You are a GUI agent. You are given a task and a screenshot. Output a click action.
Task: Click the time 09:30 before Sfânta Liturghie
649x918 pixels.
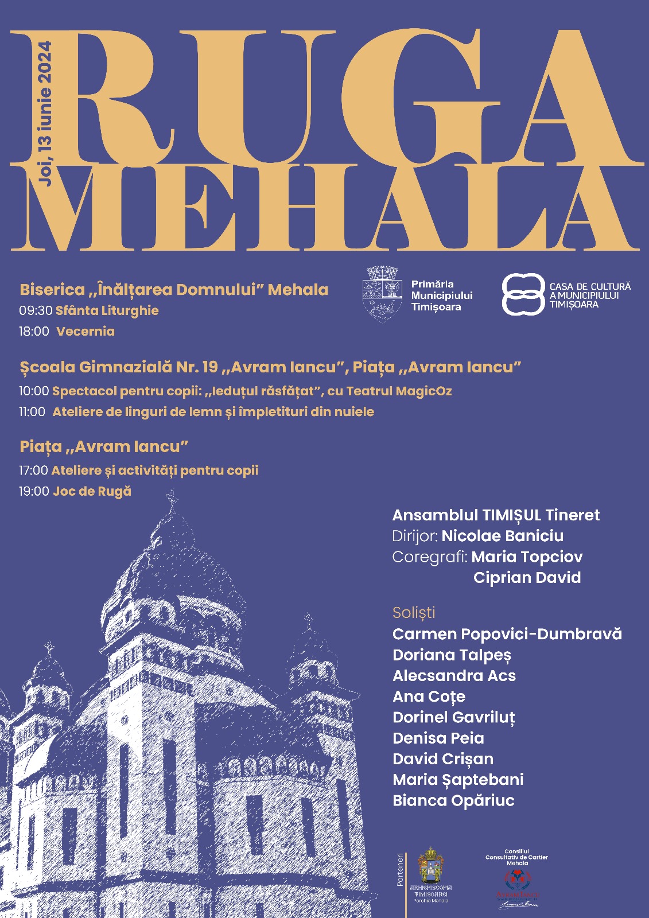(36, 311)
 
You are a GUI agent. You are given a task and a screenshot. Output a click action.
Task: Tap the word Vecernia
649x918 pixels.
(86, 332)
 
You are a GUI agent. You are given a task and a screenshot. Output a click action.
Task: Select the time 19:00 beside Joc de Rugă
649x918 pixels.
(34, 491)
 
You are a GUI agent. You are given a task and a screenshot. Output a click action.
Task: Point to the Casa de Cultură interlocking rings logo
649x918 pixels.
(523, 294)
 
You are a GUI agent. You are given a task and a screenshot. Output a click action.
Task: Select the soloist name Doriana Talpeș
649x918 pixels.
(452, 655)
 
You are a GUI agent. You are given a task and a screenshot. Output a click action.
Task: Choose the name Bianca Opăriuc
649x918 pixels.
(453, 800)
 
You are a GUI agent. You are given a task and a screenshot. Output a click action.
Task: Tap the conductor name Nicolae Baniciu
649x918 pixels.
(503, 536)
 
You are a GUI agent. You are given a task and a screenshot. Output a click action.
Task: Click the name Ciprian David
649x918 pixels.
(527, 578)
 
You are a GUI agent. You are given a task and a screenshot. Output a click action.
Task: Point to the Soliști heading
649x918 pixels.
(414, 613)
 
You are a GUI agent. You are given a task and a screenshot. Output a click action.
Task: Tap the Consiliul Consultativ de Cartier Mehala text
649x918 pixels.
(516, 857)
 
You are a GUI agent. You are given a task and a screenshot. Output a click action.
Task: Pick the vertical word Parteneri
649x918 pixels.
(401, 870)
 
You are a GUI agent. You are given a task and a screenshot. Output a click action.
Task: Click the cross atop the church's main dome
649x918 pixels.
(170, 497)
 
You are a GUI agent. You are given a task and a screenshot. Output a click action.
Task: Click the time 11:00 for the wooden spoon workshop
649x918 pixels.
(32, 412)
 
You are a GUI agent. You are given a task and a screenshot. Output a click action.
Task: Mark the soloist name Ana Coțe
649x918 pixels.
(429, 697)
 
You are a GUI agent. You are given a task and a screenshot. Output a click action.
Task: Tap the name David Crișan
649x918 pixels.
(443, 759)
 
